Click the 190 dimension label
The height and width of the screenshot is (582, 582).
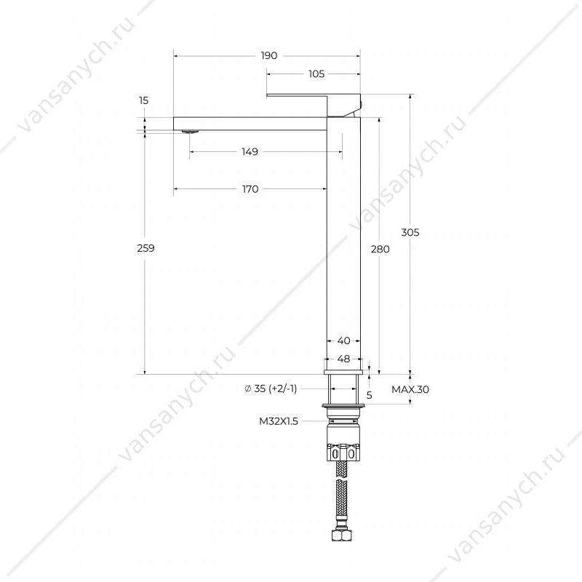click(x=268, y=56)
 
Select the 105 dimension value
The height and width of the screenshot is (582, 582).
click(x=316, y=74)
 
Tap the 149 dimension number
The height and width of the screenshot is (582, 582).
click(x=250, y=151)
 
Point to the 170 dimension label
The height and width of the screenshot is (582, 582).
click(x=250, y=189)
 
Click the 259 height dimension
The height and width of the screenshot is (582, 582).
click(x=145, y=248)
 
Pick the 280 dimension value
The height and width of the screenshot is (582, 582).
click(x=380, y=249)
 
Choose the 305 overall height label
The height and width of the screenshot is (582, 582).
click(x=410, y=232)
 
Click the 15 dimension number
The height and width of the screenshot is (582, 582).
click(x=143, y=100)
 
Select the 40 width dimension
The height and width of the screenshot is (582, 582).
click(x=343, y=340)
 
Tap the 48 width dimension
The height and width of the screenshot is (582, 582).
click(x=343, y=359)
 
